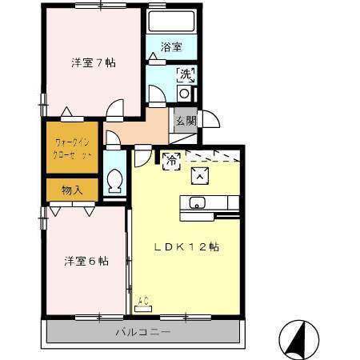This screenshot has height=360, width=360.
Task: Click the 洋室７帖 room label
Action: point(93,63)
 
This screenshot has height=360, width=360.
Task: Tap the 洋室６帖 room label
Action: point(86,261)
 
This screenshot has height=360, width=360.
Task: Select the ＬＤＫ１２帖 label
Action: point(186,247)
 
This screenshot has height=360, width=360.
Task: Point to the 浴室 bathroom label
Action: point(171,47)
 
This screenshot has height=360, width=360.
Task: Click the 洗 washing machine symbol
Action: point(185,76)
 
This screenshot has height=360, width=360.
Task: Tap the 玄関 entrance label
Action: point(186,121)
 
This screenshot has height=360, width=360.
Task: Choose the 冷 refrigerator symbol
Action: point(170,160)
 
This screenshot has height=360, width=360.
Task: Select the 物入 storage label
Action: point(71,190)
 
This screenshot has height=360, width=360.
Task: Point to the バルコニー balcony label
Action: point(142,330)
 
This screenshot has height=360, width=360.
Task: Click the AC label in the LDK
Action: point(143,302)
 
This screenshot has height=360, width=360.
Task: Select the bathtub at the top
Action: point(173,22)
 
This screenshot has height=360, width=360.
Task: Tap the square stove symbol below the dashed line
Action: point(198,174)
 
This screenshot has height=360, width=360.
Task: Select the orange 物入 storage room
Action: point(71,190)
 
